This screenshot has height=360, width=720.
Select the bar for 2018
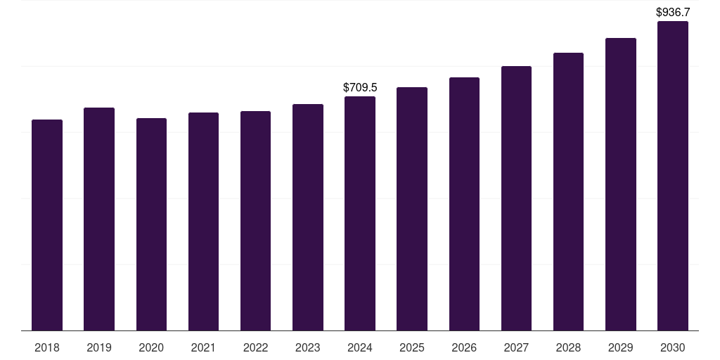[47, 225]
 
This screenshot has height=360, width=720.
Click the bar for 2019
[99, 219]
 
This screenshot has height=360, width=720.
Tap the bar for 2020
[152, 224]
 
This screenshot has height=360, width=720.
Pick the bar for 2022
[255, 221]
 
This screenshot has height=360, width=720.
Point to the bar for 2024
[360, 214]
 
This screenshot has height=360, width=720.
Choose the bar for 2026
[464, 204]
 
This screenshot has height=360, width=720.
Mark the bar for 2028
[568, 191]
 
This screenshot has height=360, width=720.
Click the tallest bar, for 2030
[673, 176]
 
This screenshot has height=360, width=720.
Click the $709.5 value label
[360, 87]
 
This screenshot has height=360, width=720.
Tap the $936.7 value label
[673, 12]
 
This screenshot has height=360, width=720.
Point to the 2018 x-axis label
[47, 348]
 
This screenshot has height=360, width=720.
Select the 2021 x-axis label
[203, 348]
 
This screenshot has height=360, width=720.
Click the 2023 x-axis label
[308, 348]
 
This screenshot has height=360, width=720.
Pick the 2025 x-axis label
[412, 348]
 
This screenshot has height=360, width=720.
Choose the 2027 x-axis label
[516, 348]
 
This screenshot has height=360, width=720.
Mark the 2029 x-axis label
[620, 348]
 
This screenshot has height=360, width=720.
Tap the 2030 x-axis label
[673, 348]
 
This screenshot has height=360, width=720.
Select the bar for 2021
[203, 221]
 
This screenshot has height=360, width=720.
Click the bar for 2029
[621, 184]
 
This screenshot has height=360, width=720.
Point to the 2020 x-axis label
[151, 348]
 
